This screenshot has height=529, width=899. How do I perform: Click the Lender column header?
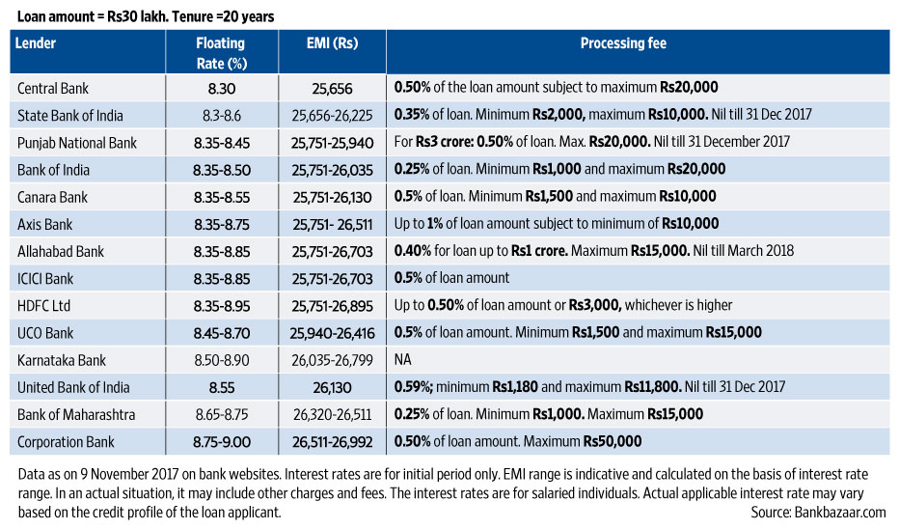tap(37, 43)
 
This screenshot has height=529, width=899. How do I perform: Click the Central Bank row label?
tap(53, 88)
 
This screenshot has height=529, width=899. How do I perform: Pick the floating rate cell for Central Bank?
tap(221, 88)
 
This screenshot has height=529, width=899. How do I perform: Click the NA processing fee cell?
tap(402, 360)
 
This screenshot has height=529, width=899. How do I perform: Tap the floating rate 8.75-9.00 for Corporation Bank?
tap(221, 442)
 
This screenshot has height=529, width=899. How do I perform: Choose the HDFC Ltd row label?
tap(44, 305)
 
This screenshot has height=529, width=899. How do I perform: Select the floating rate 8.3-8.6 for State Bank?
tap(221, 115)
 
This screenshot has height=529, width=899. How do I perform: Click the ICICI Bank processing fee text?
tap(451, 278)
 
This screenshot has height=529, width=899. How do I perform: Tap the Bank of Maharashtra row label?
tap(77, 414)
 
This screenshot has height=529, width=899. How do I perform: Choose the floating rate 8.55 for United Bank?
tap(221, 387)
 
